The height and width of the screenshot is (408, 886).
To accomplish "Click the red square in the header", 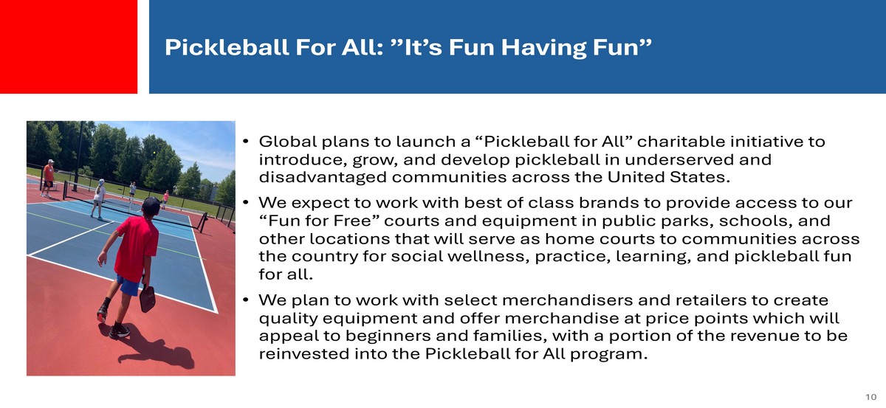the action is coord(69,46).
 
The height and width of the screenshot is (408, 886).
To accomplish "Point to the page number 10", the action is coord(870,397).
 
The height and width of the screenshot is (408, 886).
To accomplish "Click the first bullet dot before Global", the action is coord(246,141).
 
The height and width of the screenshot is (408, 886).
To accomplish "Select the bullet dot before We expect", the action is coord(246,202).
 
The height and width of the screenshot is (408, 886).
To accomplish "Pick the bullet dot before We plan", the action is coord(246,300).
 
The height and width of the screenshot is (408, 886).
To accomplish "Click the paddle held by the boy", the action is coord(148,299).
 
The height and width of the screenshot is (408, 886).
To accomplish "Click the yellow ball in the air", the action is coord(154,152).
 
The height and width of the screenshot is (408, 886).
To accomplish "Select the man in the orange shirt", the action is coord(48,178).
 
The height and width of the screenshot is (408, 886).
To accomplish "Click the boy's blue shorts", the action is coord(127,285).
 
